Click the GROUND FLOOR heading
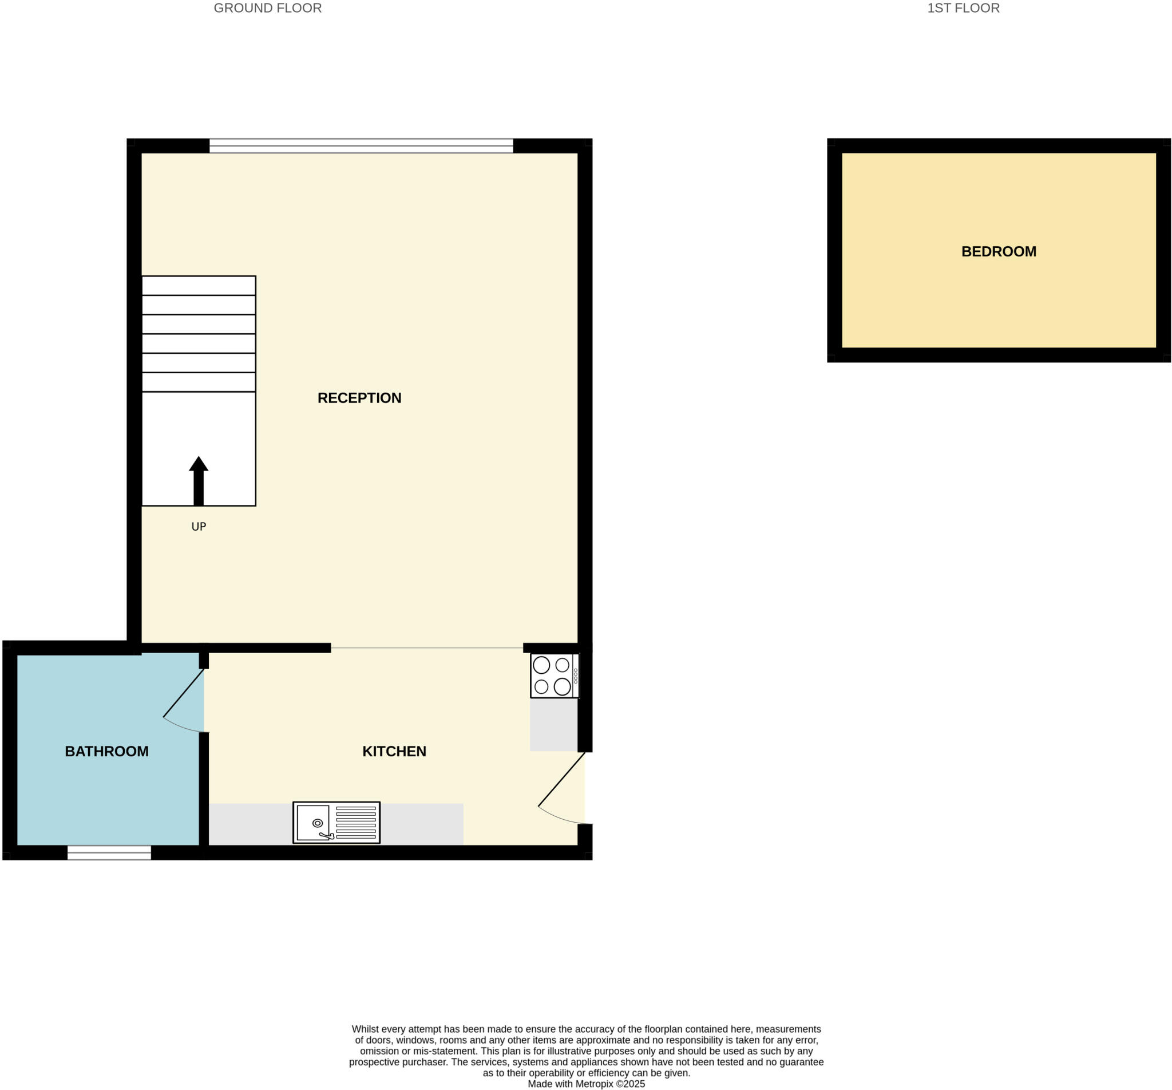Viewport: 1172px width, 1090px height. point(268,8)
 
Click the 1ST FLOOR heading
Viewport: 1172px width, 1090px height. point(963,8)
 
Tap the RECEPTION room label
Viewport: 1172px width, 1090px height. point(359,398)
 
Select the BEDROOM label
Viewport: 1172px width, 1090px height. point(999,252)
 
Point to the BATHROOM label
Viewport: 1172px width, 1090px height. point(106,752)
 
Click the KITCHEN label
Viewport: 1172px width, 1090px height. point(394,752)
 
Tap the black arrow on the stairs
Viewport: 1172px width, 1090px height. point(199,481)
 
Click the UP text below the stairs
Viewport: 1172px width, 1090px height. point(199,527)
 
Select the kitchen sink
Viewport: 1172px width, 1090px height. point(336,822)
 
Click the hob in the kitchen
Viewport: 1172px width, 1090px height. point(554,676)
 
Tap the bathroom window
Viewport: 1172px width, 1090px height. point(109,852)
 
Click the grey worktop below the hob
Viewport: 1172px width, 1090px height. point(553,724)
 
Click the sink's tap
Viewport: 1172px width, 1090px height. point(326,835)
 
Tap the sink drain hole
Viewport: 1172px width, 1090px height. point(317,823)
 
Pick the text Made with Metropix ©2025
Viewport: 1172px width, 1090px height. point(586,1084)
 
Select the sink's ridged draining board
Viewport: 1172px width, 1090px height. point(355,822)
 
